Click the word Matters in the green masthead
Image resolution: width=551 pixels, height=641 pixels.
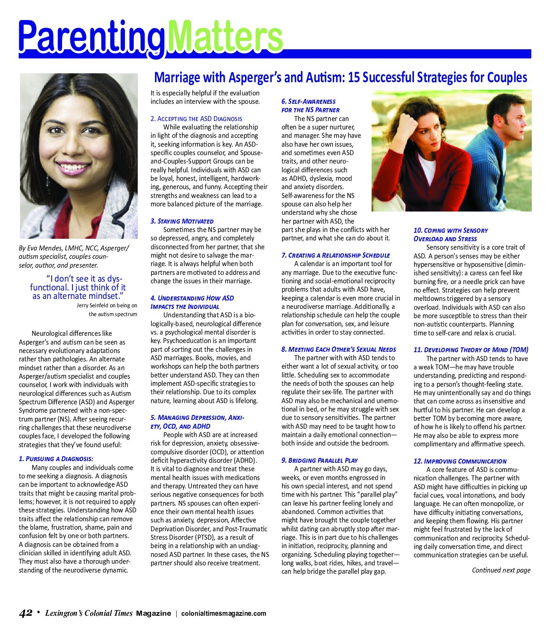tap(225, 37)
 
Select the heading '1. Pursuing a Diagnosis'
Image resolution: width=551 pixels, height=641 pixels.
tap(56, 459)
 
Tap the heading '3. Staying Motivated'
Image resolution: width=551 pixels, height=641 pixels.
tap(182, 221)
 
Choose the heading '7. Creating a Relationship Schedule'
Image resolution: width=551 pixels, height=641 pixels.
tap(336, 255)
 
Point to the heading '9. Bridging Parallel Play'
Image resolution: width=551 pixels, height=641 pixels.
tap(320, 460)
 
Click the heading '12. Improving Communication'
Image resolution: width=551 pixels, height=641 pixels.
tap(460, 461)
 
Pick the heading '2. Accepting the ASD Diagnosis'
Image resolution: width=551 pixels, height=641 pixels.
tap(196, 119)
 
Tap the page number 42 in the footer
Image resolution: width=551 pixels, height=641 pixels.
tap(26, 613)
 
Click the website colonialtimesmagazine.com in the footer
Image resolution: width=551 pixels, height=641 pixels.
tap(223, 613)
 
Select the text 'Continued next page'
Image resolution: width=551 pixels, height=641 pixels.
tap(501, 570)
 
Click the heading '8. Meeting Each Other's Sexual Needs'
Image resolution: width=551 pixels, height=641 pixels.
tap(338, 349)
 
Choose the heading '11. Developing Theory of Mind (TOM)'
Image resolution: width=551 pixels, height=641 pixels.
tap(471, 350)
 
